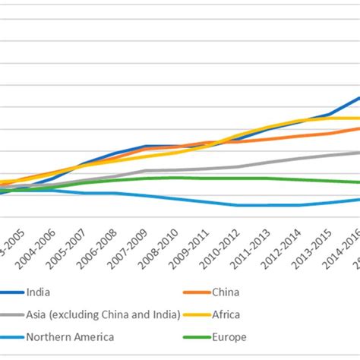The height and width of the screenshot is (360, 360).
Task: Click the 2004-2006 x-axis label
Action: click(36, 245)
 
